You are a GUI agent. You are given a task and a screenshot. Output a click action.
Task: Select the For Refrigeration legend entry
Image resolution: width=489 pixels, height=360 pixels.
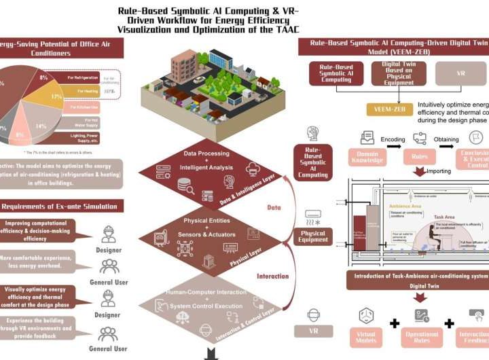point(82,76)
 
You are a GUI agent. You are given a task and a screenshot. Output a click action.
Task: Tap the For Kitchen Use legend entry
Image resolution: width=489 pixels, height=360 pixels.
point(82,107)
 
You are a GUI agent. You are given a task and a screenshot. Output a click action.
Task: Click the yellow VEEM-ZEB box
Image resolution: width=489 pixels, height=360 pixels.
point(391,111)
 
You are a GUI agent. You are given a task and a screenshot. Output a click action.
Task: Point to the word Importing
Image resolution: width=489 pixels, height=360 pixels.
point(438,171)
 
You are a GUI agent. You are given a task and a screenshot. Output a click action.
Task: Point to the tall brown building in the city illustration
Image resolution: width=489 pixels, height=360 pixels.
point(183,65)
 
